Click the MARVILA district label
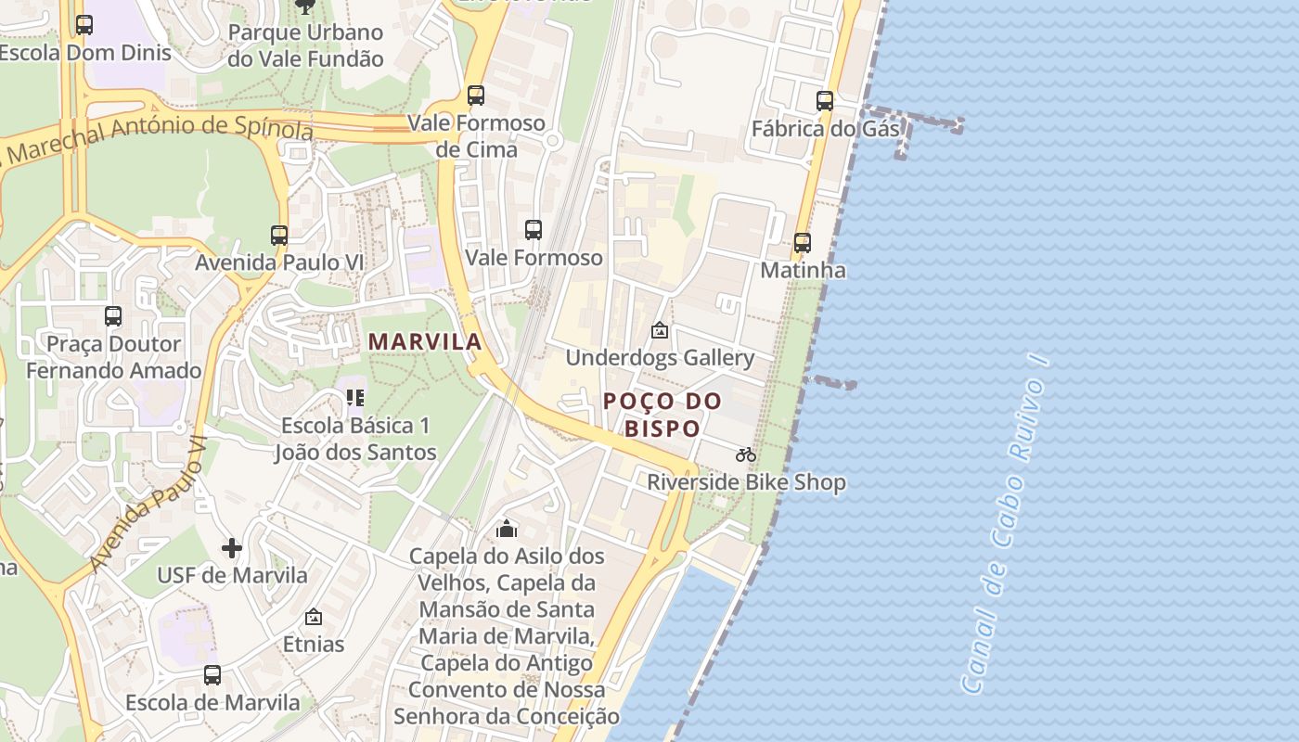[425, 341]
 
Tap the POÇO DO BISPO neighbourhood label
[662, 415]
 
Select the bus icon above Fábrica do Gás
[825, 101]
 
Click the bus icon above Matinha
[803, 243]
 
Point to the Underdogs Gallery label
[660, 357]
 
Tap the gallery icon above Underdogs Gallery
[659, 329]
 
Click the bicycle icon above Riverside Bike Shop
[746, 454]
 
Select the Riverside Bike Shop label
[746, 482]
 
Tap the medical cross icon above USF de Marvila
[232, 548]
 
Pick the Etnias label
[314, 644]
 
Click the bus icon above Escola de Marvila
[212, 674]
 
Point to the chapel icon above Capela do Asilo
[507, 529]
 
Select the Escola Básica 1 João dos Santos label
[355, 439]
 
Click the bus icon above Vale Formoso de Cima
[476, 96]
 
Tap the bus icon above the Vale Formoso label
[534, 230]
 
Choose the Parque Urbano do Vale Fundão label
[305, 45]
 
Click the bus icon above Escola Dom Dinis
[84, 25]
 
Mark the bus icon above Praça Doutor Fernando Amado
[113, 316]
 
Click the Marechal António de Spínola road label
[158, 135]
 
